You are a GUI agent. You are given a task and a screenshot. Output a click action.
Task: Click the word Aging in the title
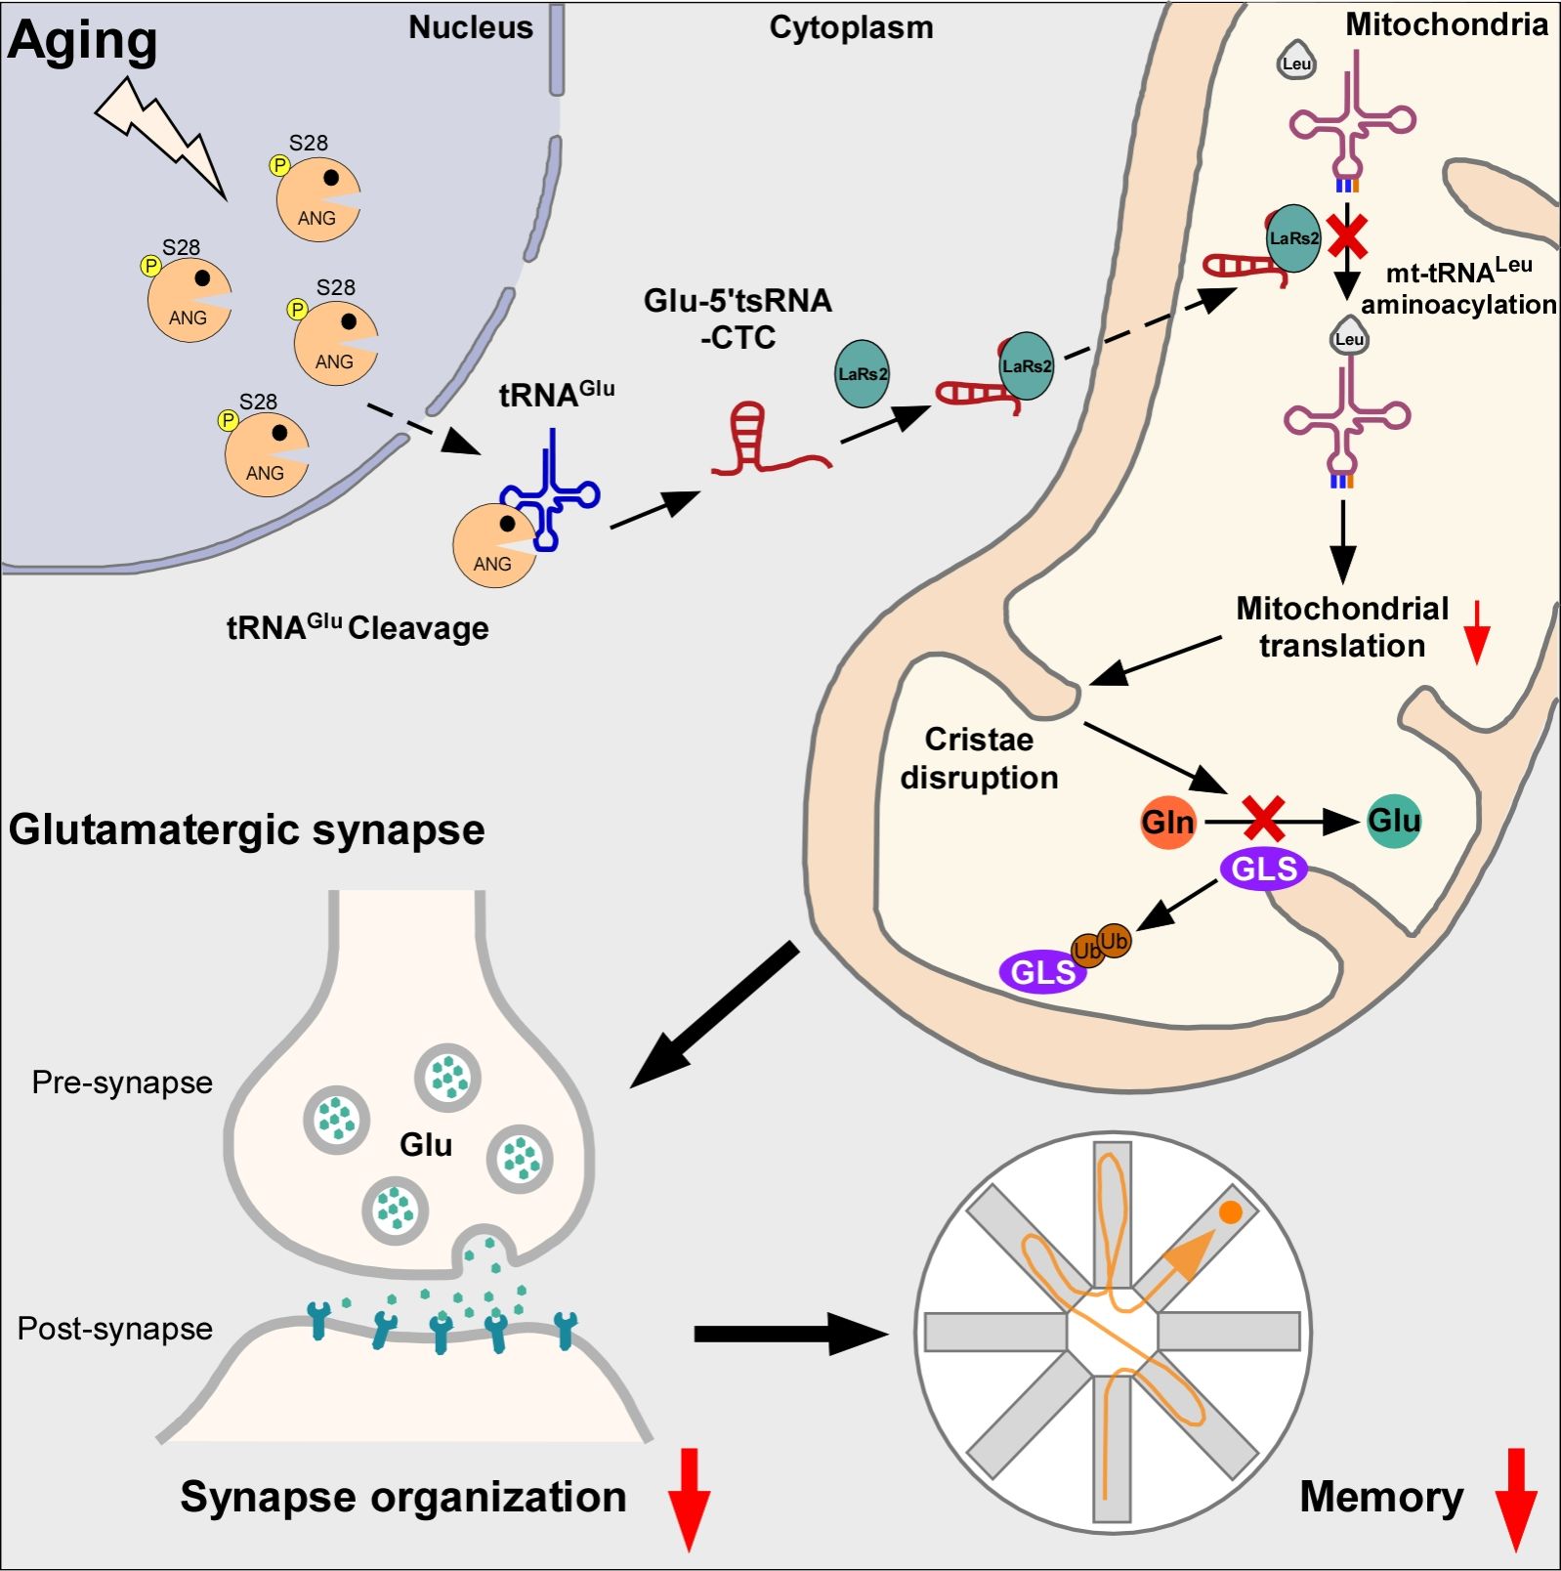[x=82, y=41]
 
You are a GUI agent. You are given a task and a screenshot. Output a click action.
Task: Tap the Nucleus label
[x=470, y=27]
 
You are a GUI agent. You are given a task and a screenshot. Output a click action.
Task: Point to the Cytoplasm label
[x=851, y=27]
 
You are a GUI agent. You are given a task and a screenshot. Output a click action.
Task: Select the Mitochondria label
[x=1446, y=24]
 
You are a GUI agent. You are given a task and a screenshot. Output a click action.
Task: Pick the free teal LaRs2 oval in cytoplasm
[x=862, y=373]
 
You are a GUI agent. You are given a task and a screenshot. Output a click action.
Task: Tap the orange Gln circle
[x=1167, y=822]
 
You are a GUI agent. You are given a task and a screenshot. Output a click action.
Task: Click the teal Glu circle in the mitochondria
[x=1394, y=820]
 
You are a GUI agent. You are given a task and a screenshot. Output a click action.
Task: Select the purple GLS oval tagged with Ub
[x=1042, y=972]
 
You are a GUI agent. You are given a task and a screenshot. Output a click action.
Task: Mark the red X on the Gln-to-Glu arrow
[x=1263, y=819]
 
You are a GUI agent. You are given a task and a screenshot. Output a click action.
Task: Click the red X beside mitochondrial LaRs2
[x=1349, y=235]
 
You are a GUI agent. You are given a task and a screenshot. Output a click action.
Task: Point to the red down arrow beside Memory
[x=1516, y=1499]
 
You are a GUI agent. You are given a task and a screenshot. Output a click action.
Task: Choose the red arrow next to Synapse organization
[x=689, y=1499]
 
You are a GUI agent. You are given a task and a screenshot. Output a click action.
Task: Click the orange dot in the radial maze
[x=1231, y=1212]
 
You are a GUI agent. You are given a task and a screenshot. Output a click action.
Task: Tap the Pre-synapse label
[x=122, y=1083]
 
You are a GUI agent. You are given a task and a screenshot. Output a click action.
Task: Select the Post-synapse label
[x=115, y=1329]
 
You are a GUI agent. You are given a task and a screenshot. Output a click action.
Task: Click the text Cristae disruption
[x=979, y=758]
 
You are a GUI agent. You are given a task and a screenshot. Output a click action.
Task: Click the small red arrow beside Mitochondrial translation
[x=1478, y=632]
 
